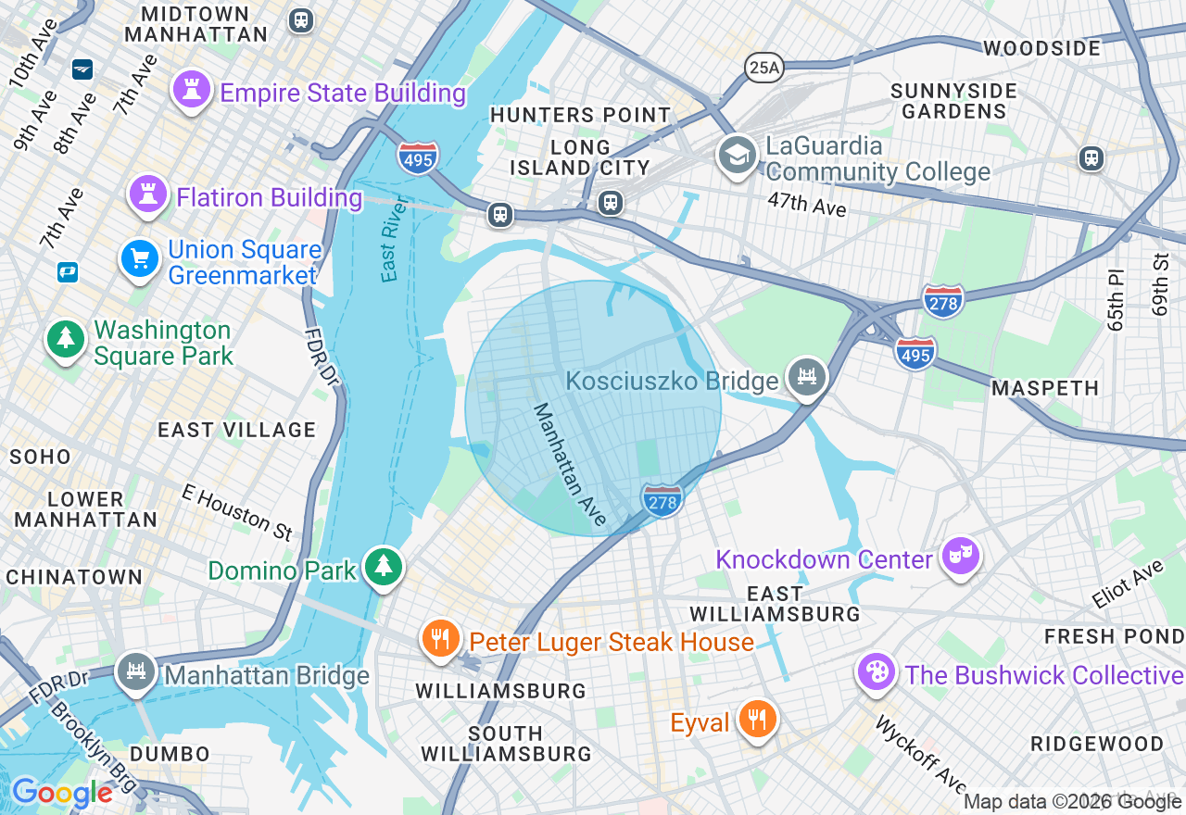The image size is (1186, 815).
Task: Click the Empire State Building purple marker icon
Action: pyautogui.click(x=192, y=91)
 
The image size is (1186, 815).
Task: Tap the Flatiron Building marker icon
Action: pyautogui.click(x=147, y=194)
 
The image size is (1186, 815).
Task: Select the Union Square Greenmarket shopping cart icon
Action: pyautogui.click(x=140, y=258)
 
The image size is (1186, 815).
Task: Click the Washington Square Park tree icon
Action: pyautogui.click(x=66, y=339)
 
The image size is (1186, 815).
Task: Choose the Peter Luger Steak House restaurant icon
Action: pyautogui.click(x=441, y=639)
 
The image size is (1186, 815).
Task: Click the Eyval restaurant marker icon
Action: pyautogui.click(x=758, y=720)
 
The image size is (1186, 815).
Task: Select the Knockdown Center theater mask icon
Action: pyautogui.click(x=961, y=557)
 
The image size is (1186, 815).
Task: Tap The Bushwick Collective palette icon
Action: pyautogui.click(x=876, y=672)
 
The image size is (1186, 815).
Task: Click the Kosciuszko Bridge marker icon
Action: pyautogui.click(x=806, y=377)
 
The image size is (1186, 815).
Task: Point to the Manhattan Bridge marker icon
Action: pyautogui.click(x=136, y=672)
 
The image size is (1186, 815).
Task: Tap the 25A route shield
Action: pyautogui.click(x=763, y=67)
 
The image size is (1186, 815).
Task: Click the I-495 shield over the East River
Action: pyautogui.click(x=418, y=158)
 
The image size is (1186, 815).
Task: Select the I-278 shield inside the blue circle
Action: pyautogui.click(x=662, y=500)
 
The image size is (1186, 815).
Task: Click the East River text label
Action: pyautogui.click(x=394, y=239)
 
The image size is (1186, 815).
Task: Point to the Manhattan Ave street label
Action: pyautogui.click(x=570, y=464)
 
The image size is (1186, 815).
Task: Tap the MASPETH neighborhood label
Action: pyautogui.click(x=1045, y=388)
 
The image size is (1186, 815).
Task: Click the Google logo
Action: pyautogui.click(x=62, y=793)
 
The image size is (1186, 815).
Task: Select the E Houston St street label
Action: pyautogui.click(x=237, y=512)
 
